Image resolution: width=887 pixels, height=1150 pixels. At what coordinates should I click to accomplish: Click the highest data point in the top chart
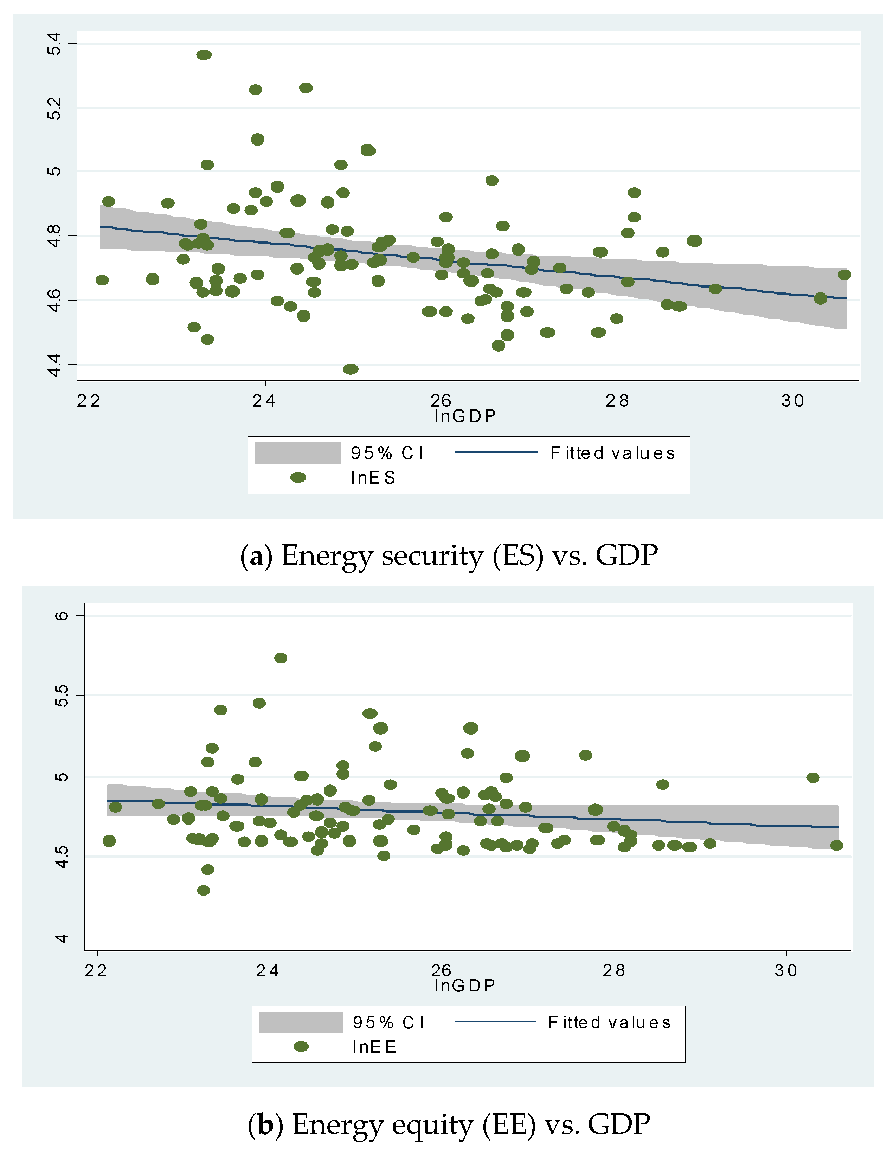(x=204, y=55)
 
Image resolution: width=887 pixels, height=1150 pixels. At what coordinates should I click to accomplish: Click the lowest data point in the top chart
(x=350, y=369)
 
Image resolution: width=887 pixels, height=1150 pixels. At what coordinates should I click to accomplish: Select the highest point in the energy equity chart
(x=281, y=658)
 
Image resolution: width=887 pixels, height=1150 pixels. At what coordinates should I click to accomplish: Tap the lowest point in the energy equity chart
(x=203, y=890)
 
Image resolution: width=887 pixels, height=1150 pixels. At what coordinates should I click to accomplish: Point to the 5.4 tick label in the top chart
(x=54, y=44)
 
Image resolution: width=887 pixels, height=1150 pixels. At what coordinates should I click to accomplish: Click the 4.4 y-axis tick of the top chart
(x=54, y=365)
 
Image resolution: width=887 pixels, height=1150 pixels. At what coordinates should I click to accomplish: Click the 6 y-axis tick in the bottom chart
(x=62, y=615)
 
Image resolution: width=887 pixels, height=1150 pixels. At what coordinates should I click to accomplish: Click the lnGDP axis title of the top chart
(x=464, y=416)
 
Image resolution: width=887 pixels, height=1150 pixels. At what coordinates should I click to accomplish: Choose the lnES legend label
(x=373, y=478)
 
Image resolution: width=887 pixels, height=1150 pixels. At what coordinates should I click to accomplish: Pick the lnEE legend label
(x=374, y=1046)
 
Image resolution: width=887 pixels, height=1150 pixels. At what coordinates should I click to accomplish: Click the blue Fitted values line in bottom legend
(x=495, y=1021)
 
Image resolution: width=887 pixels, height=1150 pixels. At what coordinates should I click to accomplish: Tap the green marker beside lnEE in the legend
(x=301, y=1046)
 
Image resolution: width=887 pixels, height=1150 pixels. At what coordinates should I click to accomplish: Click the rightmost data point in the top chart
(x=844, y=274)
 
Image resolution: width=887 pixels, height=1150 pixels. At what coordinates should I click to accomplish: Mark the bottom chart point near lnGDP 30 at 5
(x=813, y=778)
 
